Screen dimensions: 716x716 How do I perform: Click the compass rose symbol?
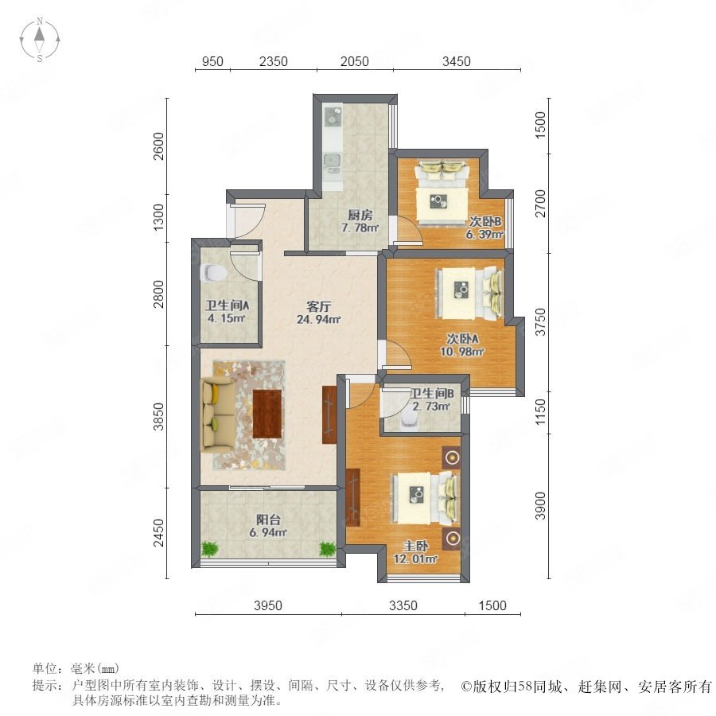[x=40, y=40]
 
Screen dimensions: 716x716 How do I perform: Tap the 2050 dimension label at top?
[x=354, y=61]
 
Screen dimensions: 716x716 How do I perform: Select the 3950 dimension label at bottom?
[x=268, y=605]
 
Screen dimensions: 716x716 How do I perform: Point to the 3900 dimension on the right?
[x=540, y=505]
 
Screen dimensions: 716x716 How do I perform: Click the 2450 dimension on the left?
[x=158, y=532]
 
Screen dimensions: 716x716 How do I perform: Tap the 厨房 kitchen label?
[x=360, y=215]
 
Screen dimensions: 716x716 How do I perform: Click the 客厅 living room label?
[x=318, y=306]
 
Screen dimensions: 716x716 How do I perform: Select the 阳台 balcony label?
[x=268, y=519]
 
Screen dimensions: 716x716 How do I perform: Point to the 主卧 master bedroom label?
[x=415, y=546]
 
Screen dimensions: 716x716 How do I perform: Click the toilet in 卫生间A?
[x=213, y=273]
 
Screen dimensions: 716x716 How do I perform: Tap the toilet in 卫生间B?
[x=409, y=422]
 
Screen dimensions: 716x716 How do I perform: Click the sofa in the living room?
[x=219, y=413]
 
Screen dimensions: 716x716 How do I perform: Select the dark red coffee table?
[x=267, y=414]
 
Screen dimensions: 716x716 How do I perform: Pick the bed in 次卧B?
[x=442, y=193]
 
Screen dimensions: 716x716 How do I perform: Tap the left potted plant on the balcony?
[x=209, y=548]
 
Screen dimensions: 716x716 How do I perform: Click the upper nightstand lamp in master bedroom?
[x=452, y=457]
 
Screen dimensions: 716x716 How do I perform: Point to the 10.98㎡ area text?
[x=461, y=352]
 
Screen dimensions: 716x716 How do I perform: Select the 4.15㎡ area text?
[x=227, y=317]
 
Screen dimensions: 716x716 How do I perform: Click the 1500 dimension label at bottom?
[x=492, y=605]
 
